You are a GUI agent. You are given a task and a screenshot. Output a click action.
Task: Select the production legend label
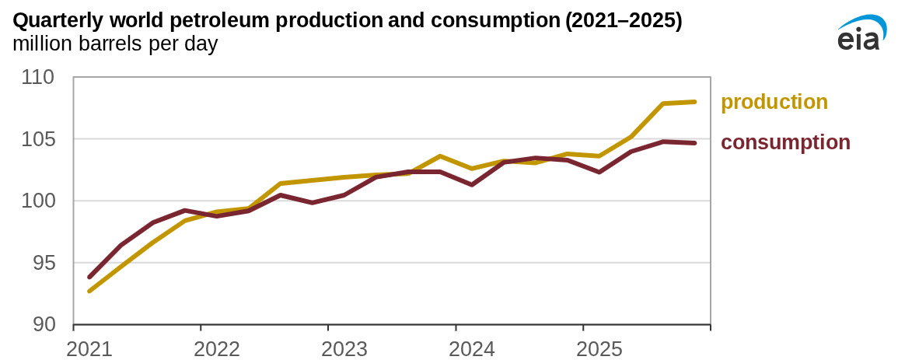pyautogui.click(x=774, y=102)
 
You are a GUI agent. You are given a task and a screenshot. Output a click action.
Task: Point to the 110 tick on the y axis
pyautogui.click(x=38, y=78)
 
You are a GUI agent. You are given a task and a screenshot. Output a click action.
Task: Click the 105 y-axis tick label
pyautogui.click(x=38, y=139)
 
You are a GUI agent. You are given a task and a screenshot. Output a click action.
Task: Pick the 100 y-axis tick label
pyautogui.click(x=38, y=201)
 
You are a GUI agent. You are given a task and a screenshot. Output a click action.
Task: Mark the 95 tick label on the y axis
pyautogui.click(x=43, y=263)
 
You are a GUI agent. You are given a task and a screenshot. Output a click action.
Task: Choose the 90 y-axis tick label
pyautogui.click(x=43, y=324)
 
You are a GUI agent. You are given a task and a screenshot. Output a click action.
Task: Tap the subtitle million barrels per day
pyautogui.click(x=115, y=44)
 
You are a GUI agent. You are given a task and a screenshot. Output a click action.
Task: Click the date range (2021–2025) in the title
pyautogui.click(x=624, y=21)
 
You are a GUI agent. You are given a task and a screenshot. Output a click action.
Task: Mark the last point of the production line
pyautogui.click(x=694, y=102)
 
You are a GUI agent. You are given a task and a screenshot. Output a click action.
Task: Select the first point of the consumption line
pyautogui.click(x=89, y=277)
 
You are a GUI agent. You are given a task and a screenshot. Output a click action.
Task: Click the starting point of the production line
pyautogui.click(x=89, y=292)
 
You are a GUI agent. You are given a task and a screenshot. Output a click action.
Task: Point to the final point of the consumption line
pyautogui.click(x=694, y=143)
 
